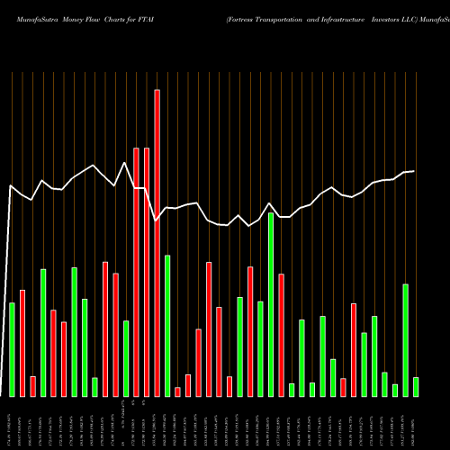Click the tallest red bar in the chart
click(157, 243)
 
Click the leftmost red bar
click(22, 343)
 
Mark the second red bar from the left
click(32, 386)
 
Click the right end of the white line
click(414, 171)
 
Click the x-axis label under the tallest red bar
click(157, 423)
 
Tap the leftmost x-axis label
click(12, 423)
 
